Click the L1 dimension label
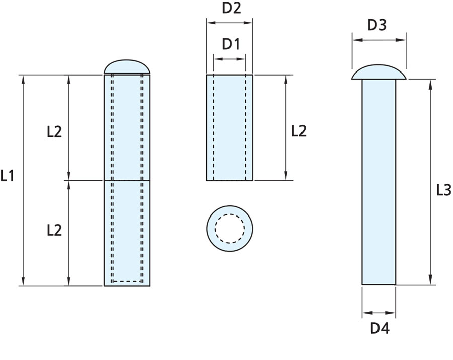click(x=8, y=176)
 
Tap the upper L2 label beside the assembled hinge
click(x=54, y=132)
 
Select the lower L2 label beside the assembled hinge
click(x=54, y=230)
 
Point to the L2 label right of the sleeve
click(x=299, y=131)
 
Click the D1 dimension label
click(x=231, y=44)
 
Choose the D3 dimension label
click(x=377, y=24)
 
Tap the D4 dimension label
click(x=380, y=329)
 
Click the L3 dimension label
click(x=443, y=190)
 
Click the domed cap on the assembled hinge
click(x=127, y=66)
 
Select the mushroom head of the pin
click(x=379, y=73)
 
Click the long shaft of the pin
click(x=379, y=181)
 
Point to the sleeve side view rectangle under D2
click(x=230, y=127)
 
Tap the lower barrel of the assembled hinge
click(x=127, y=233)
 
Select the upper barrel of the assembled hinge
click(x=127, y=127)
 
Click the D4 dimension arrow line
click(x=379, y=312)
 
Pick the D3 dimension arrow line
click(x=379, y=40)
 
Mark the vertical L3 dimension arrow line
click(x=430, y=181)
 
